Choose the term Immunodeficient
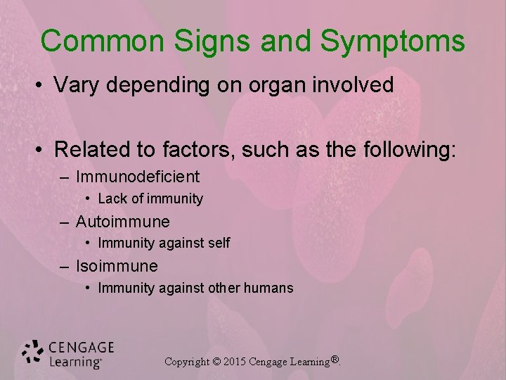138,176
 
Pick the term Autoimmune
123,222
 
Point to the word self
219,243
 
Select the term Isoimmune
117,266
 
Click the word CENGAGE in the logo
82,348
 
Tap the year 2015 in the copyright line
237,362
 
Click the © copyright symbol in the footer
216,362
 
